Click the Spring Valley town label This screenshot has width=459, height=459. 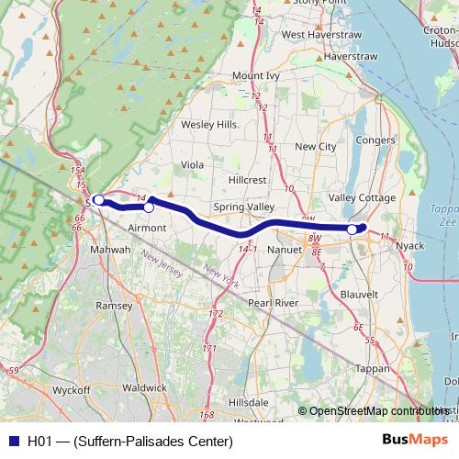click(243, 207)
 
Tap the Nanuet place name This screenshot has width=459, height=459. click(284, 249)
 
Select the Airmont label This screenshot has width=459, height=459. click(147, 227)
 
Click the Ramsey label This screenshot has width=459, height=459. click(114, 305)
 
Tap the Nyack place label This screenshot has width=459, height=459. click(409, 247)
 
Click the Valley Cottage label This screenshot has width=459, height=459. click(363, 198)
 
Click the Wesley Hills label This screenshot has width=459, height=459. click(208, 124)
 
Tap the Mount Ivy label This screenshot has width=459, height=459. click(254, 75)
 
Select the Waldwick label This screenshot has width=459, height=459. click(144, 388)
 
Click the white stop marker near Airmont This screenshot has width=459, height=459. click(149, 207)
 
